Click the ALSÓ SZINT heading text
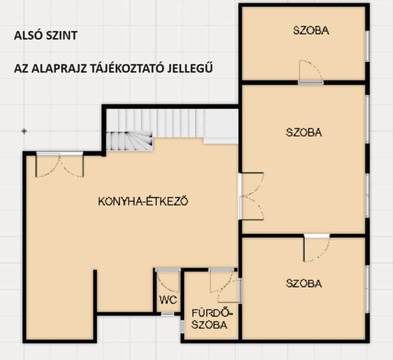[46, 35]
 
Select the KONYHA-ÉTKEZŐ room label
[143, 201]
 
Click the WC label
[168, 300]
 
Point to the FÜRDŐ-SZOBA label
[212, 319]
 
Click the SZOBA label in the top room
[311, 30]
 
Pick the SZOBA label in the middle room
[304, 132]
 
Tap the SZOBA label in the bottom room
[304, 283]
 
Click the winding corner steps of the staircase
[129, 141]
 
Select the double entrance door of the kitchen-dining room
[60, 164]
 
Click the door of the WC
[168, 280]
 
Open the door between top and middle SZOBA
[311, 71]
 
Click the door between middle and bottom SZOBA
[317, 248]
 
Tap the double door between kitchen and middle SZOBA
[251, 196]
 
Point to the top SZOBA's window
[367, 46]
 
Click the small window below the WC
[168, 314]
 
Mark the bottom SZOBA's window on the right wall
[367, 289]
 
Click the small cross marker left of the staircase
[24, 131]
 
